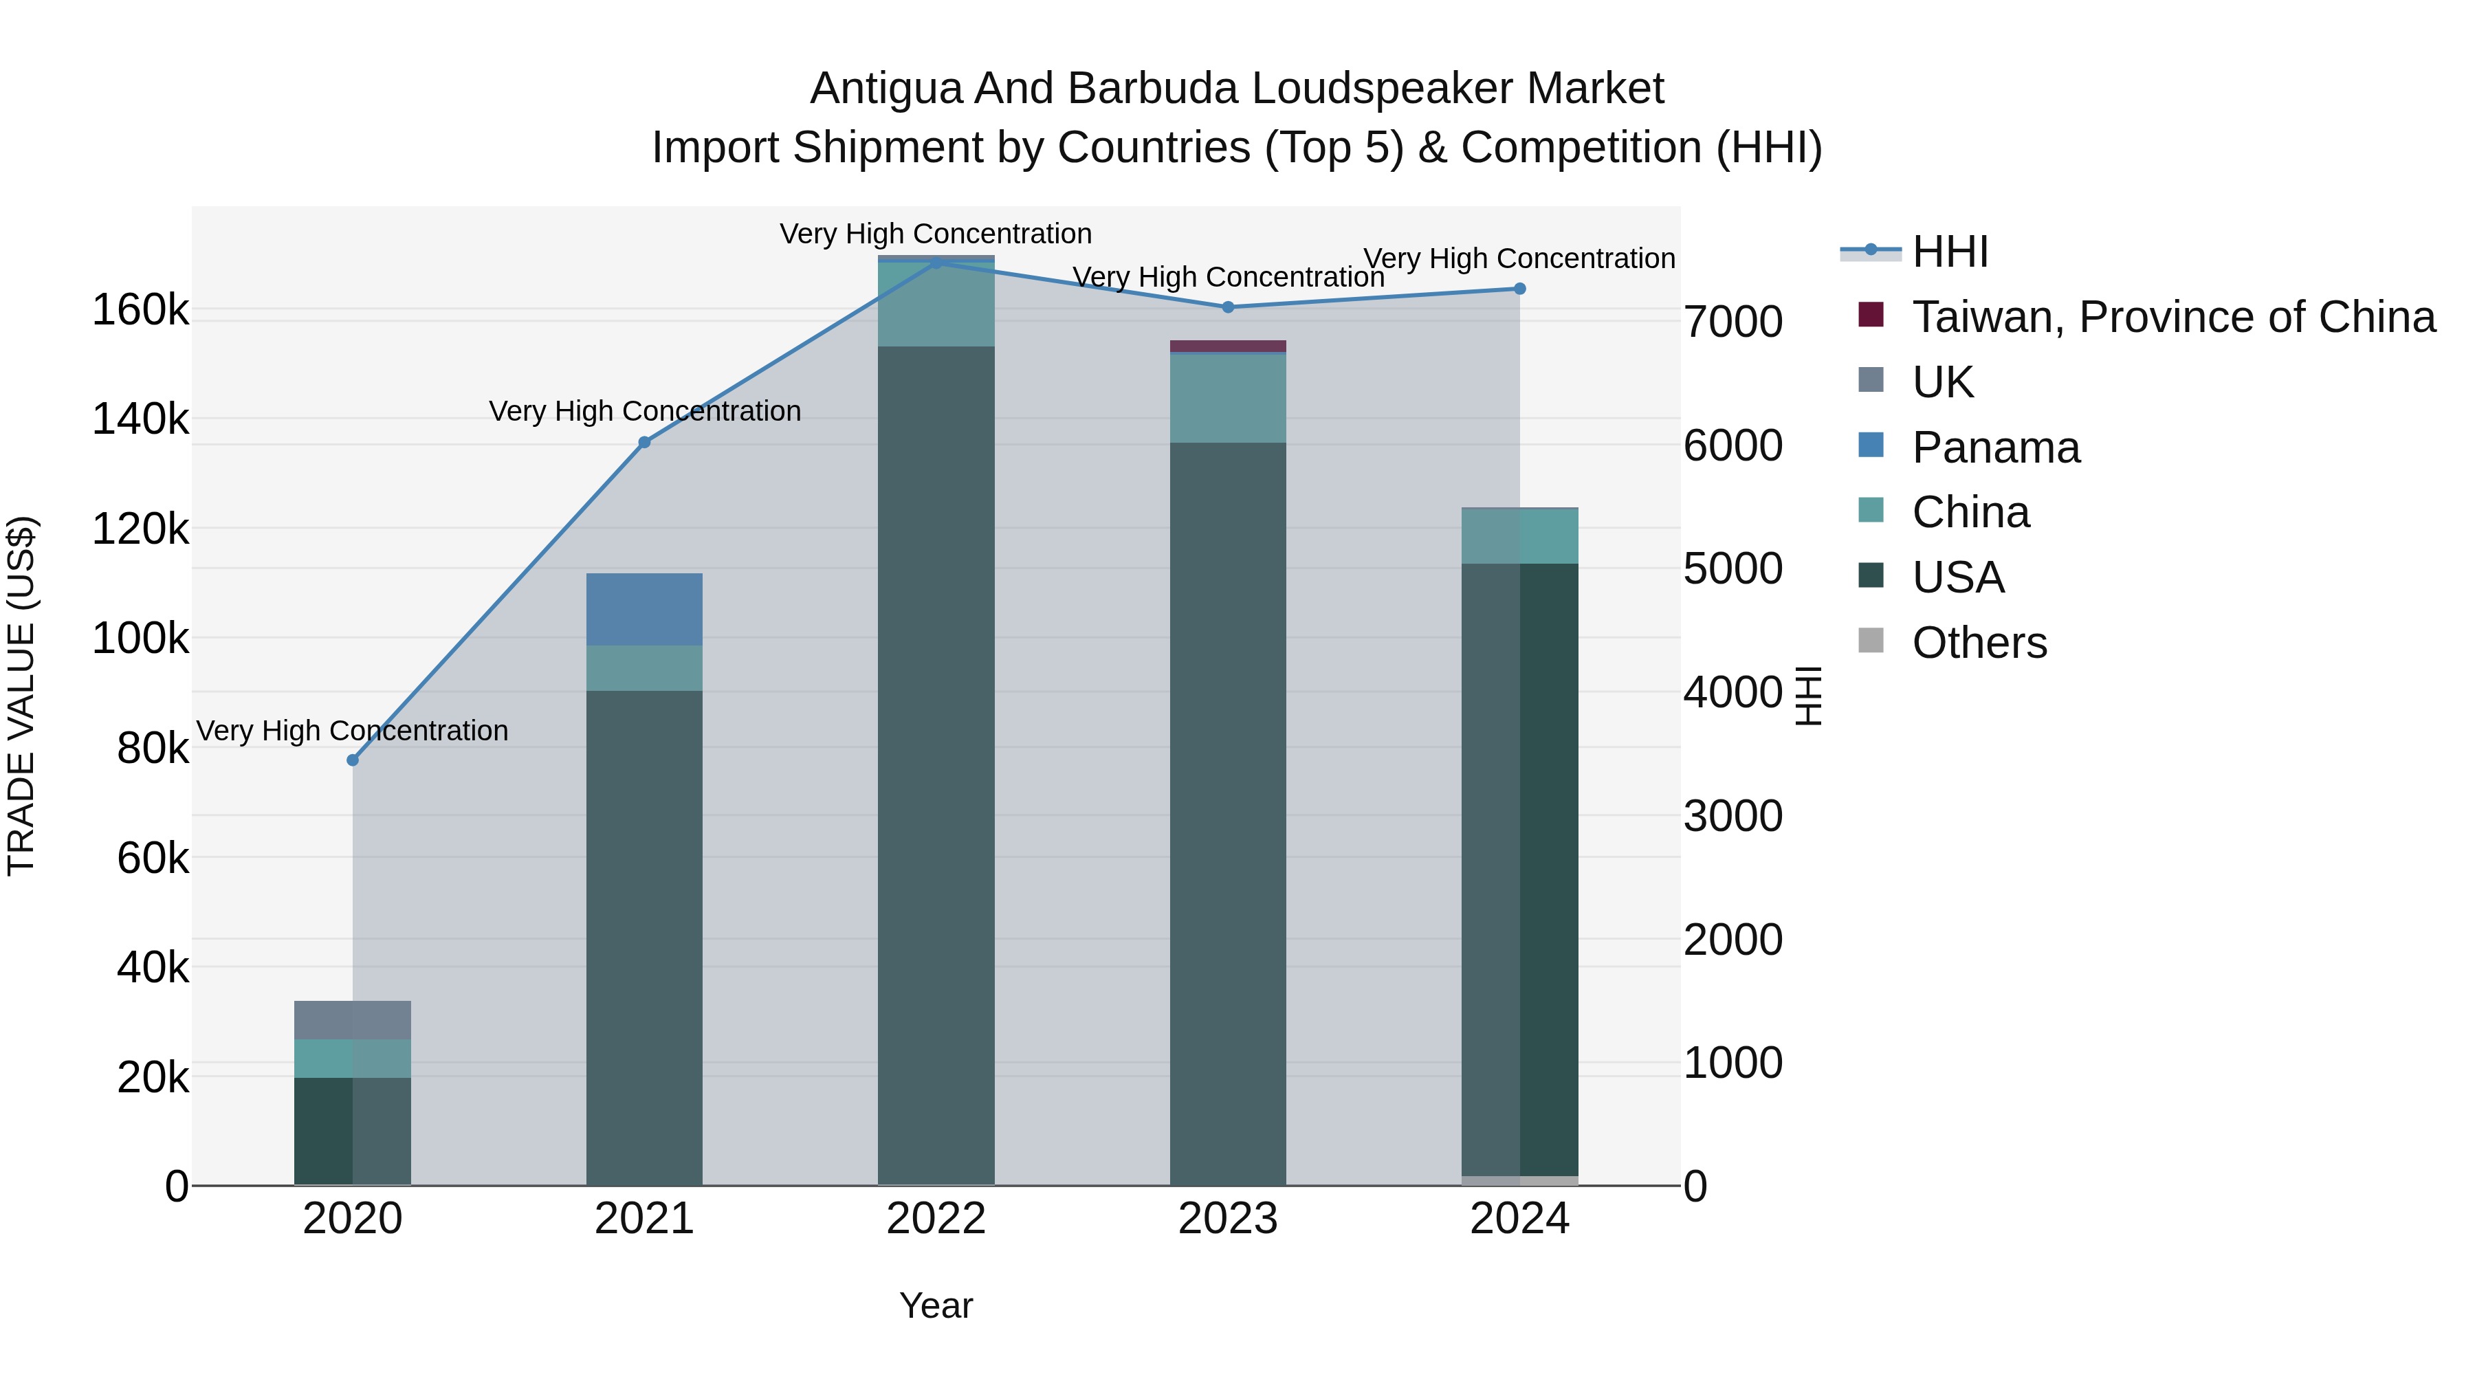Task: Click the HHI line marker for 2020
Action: point(353,760)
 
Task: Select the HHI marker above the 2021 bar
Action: point(645,442)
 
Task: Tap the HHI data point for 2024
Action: point(1519,288)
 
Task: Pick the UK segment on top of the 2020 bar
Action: point(353,1019)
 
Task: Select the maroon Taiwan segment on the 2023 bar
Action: point(1227,346)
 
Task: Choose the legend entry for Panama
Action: point(1996,448)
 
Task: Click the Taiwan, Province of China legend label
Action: point(2173,317)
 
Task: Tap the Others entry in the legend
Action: point(1979,643)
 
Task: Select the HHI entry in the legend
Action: point(1950,252)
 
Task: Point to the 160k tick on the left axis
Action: point(140,310)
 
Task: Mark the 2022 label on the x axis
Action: point(936,1219)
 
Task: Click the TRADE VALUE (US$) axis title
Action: point(21,696)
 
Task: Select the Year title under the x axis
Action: point(936,1305)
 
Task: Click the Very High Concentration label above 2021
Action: point(645,411)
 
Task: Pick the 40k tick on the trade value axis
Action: point(153,967)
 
